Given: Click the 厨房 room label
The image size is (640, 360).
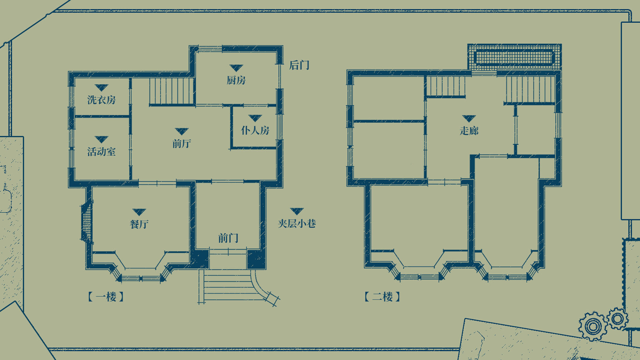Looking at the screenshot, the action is (x=236, y=80).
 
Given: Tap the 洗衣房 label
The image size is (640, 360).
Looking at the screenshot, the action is (x=101, y=100).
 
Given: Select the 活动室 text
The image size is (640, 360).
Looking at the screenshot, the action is (x=101, y=152).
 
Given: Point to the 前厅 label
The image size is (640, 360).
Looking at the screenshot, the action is (x=182, y=144).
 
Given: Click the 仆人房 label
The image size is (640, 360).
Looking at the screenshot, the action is (x=255, y=130).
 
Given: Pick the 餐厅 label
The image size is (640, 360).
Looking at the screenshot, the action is (x=139, y=224).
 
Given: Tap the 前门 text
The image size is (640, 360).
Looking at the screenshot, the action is (x=228, y=238).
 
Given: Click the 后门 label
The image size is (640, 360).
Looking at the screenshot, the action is (x=299, y=65).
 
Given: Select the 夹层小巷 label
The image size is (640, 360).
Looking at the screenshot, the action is (x=297, y=223).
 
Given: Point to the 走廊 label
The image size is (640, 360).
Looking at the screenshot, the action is (x=469, y=131).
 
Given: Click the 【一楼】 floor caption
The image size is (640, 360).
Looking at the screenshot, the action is (x=106, y=297).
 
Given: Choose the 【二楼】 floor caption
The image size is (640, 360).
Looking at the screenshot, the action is (x=382, y=297).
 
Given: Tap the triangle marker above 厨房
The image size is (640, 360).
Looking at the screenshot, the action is (x=236, y=68).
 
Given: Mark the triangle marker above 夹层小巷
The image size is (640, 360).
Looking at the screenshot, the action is (x=297, y=211).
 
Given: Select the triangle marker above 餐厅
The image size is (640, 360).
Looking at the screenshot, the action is (x=139, y=212).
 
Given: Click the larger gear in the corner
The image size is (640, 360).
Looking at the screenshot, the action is (x=593, y=326).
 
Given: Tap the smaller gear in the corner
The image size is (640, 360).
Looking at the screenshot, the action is (x=618, y=319).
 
